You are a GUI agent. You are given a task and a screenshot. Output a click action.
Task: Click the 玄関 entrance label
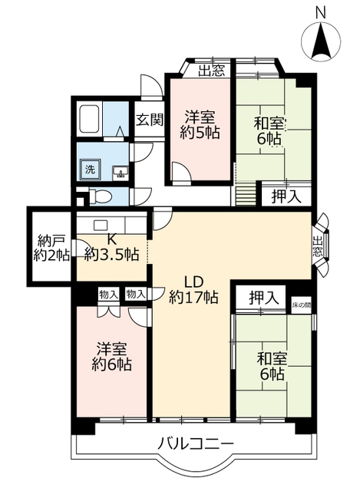coord(150,120)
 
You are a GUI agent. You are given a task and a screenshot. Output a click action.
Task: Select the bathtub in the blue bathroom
coord(90,118)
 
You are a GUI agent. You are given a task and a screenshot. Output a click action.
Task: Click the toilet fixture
coord(98,196)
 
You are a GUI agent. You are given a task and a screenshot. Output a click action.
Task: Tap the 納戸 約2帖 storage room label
coord(48,247)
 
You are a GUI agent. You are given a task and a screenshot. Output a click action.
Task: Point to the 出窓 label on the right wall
coord(318,247)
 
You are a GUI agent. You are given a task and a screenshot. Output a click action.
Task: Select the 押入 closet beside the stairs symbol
coord(286,196)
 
